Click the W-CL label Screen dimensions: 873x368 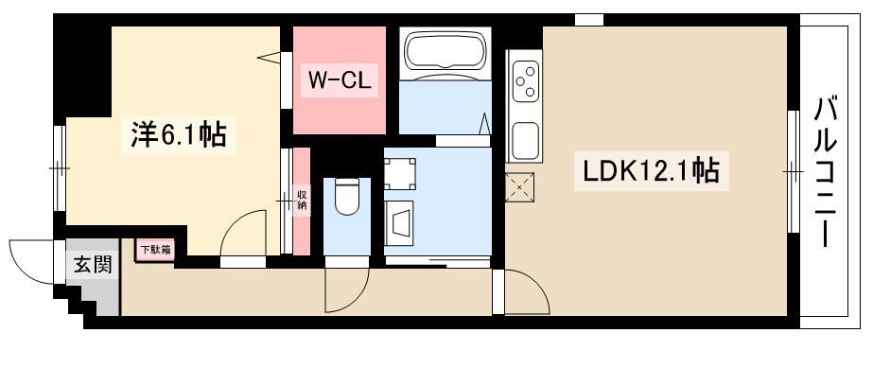[x=340, y=80]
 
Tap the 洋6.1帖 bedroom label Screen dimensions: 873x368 [x=179, y=135]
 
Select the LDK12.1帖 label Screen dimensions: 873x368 [x=651, y=171]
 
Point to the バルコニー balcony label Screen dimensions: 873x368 [x=827, y=172]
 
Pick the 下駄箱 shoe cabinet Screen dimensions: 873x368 [x=153, y=250]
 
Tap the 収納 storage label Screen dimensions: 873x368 [x=302, y=201]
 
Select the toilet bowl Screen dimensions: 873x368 [x=347, y=196]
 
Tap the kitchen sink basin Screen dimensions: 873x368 [x=526, y=140]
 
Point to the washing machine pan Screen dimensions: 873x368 [x=399, y=173]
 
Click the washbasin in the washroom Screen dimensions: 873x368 [x=399, y=222]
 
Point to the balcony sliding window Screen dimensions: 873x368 [x=794, y=171]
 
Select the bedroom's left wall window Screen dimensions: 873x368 [x=60, y=168]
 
